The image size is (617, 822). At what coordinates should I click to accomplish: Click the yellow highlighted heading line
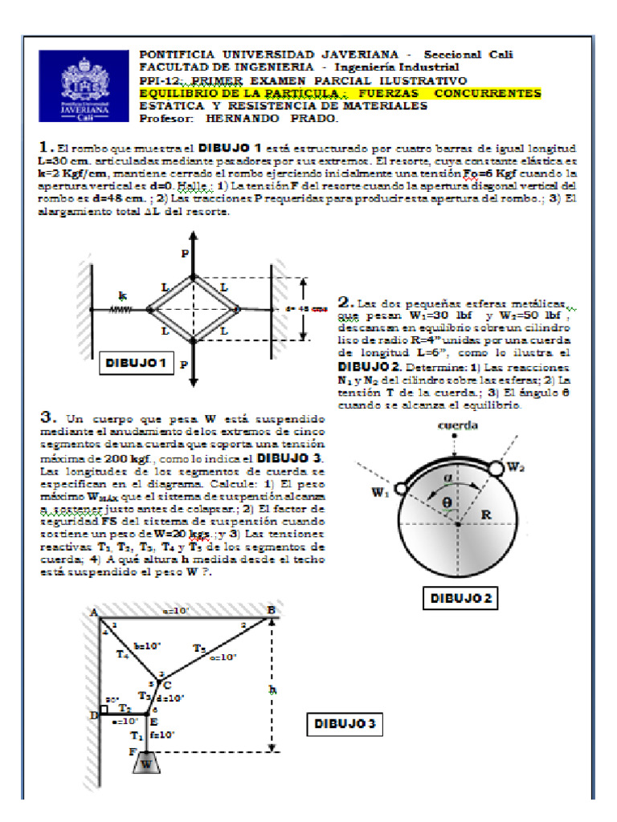340,94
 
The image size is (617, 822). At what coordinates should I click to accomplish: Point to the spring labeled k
121,309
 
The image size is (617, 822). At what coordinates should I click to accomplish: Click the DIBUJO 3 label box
341,724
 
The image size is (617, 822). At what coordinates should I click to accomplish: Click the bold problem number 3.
47,417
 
